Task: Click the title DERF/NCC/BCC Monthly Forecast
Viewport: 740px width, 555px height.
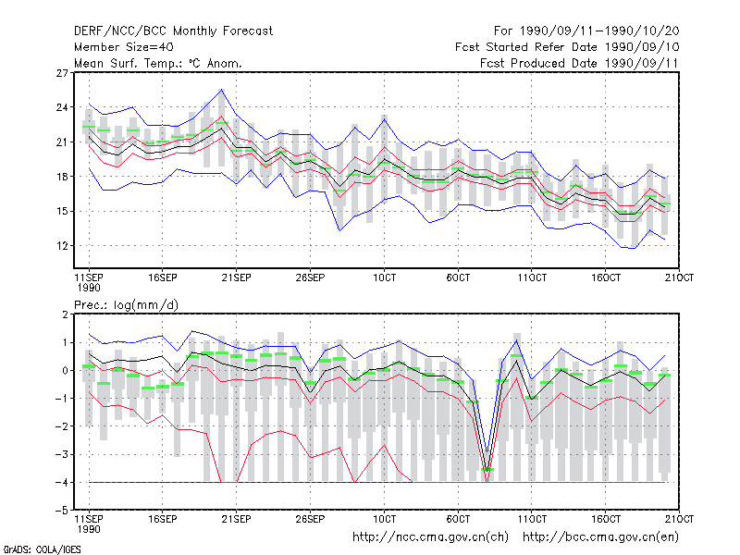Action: (173, 31)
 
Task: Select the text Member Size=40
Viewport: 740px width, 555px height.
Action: (124, 47)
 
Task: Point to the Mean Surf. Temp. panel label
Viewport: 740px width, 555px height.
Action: (158, 63)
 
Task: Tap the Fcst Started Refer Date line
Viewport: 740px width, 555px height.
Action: (567, 47)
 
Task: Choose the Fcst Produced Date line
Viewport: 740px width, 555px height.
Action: (579, 63)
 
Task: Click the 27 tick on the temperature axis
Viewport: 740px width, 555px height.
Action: (62, 73)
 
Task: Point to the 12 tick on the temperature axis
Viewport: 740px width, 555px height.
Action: (62, 246)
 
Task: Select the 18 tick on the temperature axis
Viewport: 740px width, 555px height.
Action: (62, 177)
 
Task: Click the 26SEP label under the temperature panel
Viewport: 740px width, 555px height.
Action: (310, 277)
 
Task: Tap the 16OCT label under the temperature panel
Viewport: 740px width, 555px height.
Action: (606, 277)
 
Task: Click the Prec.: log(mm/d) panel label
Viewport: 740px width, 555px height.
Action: (126, 305)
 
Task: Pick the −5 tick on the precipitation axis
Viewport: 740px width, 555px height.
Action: (62, 511)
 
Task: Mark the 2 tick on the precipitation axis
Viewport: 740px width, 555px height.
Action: (65, 314)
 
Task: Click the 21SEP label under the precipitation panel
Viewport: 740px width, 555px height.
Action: (237, 519)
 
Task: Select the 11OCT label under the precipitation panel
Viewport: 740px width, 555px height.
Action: (532, 519)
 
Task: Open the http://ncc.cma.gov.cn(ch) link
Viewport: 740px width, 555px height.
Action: (430, 537)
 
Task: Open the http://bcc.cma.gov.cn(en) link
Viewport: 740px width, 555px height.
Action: (600, 537)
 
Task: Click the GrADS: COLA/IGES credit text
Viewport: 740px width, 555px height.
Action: (42, 549)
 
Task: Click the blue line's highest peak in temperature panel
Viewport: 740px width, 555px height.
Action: (221, 89)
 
